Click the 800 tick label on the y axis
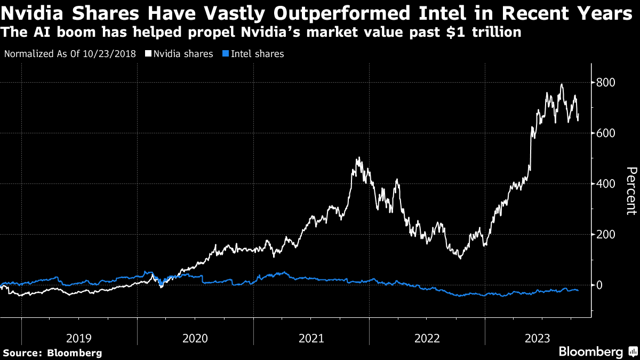[607, 83]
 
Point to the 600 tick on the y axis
[607, 133]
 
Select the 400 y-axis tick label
[607, 184]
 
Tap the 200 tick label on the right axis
[607, 235]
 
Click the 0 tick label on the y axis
[601, 285]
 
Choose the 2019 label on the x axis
[79, 338]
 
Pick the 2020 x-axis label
[195, 338]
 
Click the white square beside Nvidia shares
[148, 54]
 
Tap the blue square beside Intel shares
[226, 54]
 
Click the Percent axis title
[631, 190]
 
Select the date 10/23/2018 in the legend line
[113, 54]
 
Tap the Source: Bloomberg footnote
[52, 353]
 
